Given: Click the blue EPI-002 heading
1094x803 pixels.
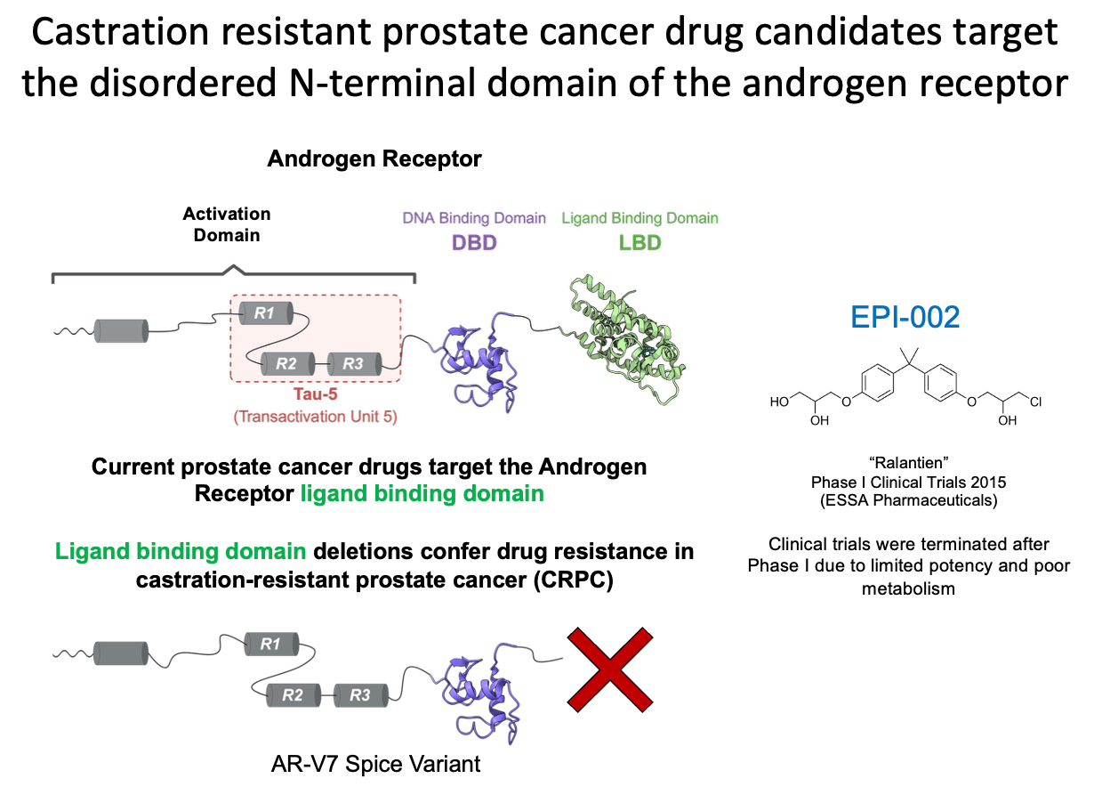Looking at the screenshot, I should [905, 317].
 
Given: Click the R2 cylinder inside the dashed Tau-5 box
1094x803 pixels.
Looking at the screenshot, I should [286, 363].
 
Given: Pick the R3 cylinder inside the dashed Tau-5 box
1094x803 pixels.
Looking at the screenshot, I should [353, 363].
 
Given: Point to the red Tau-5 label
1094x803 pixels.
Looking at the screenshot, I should [316, 395].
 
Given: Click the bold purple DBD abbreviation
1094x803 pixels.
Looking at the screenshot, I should [474, 242].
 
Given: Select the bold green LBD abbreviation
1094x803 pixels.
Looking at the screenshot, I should [640, 242].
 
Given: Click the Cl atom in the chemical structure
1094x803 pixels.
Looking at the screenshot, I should [1035, 402].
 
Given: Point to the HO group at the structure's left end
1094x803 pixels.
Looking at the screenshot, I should [779, 402].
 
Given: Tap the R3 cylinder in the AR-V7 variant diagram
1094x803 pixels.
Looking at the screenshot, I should [360, 694].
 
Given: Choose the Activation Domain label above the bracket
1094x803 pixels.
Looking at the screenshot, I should [227, 224].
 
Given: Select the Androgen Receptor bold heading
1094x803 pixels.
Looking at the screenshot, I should [374, 159].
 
